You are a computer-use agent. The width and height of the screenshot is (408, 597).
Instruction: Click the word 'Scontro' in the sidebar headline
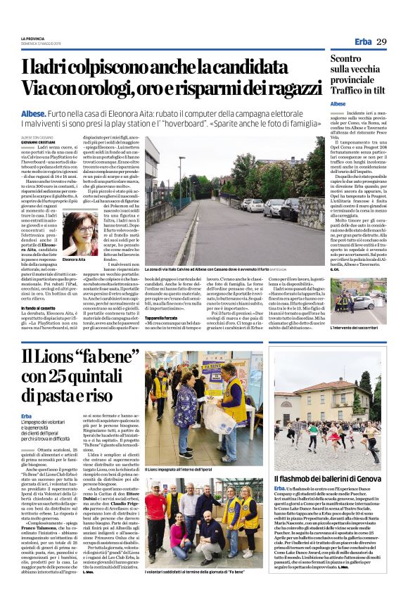(x=355, y=60)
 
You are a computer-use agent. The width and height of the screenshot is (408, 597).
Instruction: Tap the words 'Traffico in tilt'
(x=363, y=91)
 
